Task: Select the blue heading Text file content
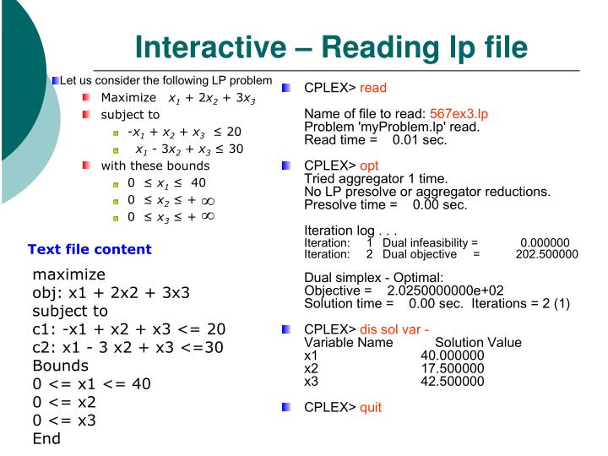(x=90, y=248)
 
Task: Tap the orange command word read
(x=373, y=88)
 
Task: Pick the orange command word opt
(x=370, y=166)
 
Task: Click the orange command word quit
(x=371, y=407)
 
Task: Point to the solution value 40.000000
(x=453, y=356)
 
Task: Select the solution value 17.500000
(x=453, y=368)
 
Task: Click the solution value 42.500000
(x=453, y=381)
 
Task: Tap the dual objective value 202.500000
(x=546, y=253)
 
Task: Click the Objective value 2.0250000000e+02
(x=444, y=290)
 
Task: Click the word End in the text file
(x=47, y=439)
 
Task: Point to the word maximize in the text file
(x=69, y=274)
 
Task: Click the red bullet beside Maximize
(x=87, y=98)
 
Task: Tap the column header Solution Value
(x=478, y=343)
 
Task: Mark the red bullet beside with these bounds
(x=87, y=164)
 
